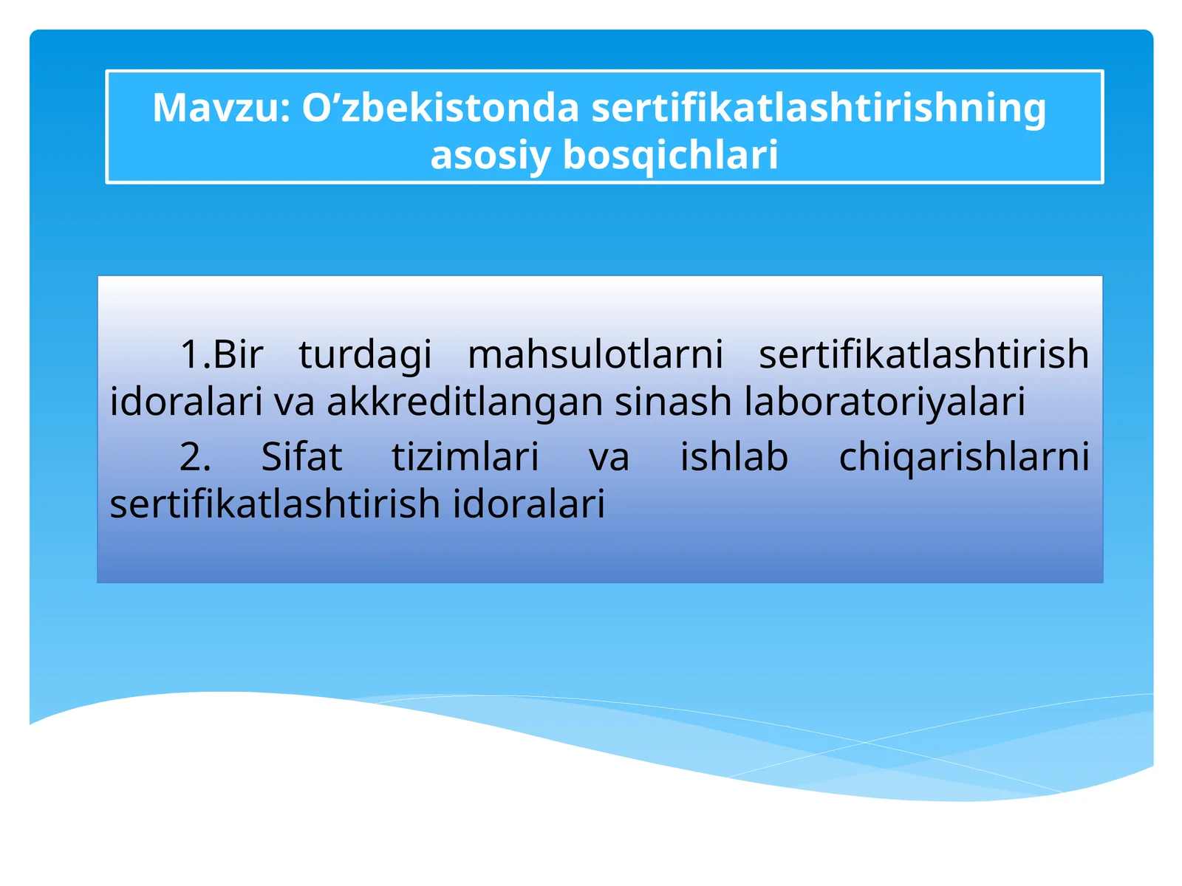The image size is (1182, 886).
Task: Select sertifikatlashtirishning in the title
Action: click(x=819, y=108)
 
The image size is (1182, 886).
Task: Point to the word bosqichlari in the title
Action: click(x=670, y=155)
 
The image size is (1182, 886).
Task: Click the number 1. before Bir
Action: click(x=196, y=354)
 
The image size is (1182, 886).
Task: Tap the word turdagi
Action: click(x=365, y=354)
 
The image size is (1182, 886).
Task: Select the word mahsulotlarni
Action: click(x=595, y=354)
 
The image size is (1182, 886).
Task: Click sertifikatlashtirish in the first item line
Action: click(x=923, y=354)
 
